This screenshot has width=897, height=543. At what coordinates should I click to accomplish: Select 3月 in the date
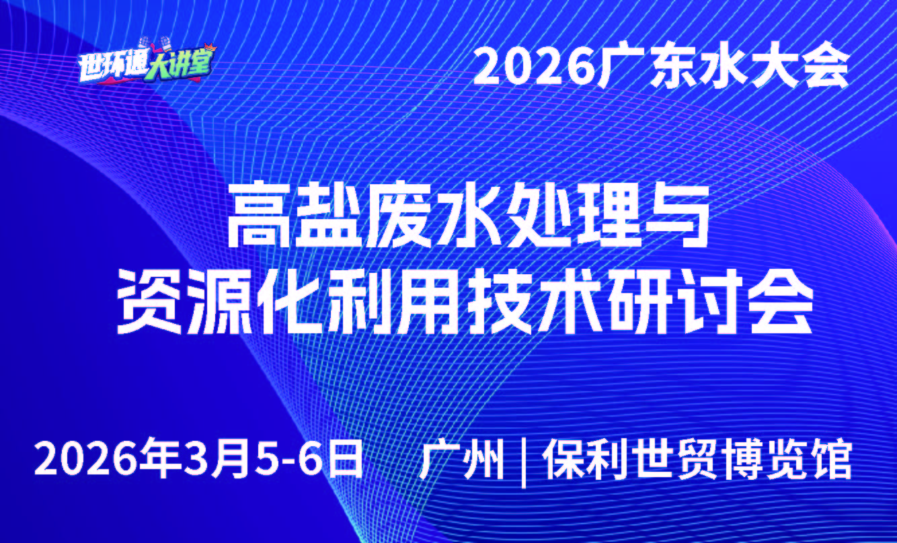pyautogui.click(x=212, y=460)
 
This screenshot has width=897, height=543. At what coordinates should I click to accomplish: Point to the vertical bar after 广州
pyautogui.click(x=524, y=461)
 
